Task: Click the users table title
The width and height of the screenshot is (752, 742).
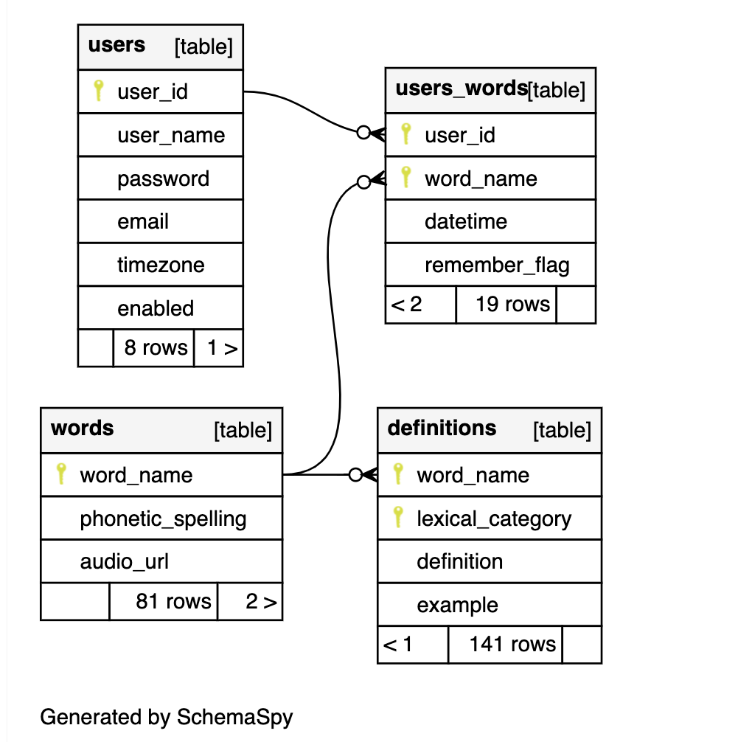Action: click(x=116, y=46)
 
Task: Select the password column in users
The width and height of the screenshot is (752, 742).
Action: click(x=163, y=179)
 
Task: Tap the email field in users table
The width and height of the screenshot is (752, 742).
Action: click(x=143, y=222)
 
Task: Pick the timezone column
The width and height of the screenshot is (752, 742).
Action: click(x=161, y=266)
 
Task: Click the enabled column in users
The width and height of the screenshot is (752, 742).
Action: click(x=156, y=309)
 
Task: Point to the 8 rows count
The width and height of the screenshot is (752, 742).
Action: click(x=155, y=348)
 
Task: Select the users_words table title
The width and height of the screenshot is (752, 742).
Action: click(x=461, y=89)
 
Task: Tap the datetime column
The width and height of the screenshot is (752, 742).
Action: click(x=465, y=222)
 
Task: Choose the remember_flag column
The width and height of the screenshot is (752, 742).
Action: click(x=497, y=266)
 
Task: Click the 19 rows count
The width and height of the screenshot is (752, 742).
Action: click(x=512, y=305)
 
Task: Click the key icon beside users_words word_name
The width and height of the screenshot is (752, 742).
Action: click(x=405, y=178)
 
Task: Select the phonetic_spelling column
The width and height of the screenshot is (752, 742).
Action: click(x=163, y=519)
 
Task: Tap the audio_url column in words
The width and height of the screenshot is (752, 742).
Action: click(x=124, y=562)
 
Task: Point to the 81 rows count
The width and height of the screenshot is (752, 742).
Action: click(x=173, y=602)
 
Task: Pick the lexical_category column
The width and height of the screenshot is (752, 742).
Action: click(x=493, y=519)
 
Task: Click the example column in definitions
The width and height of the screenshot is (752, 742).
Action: click(x=457, y=606)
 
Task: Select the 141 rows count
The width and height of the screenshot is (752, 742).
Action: click(x=512, y=645)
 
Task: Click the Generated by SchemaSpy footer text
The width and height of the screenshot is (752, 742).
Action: click(x=166, y=717)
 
